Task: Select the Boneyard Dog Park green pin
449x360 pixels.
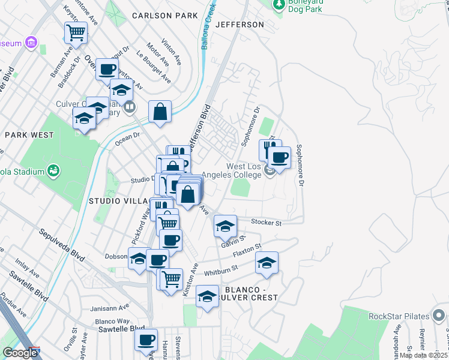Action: [278, 5]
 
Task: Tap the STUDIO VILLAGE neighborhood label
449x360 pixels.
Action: [120, 200]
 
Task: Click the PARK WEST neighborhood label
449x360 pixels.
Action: [29, 135]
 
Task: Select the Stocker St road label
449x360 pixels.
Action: [267, 223]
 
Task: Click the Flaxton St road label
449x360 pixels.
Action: [247, 250]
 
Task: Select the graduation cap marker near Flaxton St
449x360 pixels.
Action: [267, 263]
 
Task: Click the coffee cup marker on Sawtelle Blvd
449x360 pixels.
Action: [146, 340]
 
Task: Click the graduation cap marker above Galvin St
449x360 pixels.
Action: [225, 226]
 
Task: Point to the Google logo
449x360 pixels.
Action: [20, 353]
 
